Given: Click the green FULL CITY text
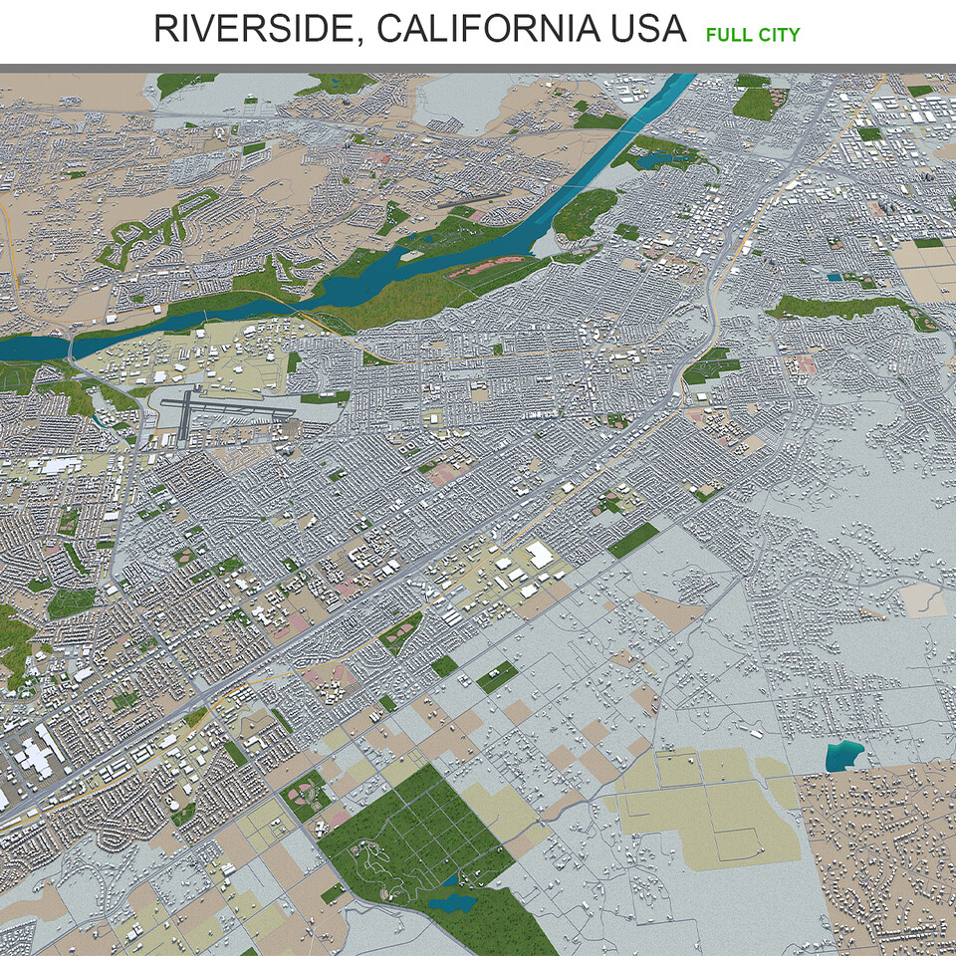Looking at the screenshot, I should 753,35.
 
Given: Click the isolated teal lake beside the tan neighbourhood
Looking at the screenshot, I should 843,757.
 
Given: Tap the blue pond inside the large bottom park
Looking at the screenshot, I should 452,902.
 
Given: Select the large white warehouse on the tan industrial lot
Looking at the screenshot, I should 539,555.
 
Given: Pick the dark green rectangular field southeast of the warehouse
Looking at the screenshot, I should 633,540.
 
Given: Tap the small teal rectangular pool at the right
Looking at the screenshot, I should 834,278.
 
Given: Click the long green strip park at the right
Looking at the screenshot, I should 846,309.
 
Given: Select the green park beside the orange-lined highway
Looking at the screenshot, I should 711,365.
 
